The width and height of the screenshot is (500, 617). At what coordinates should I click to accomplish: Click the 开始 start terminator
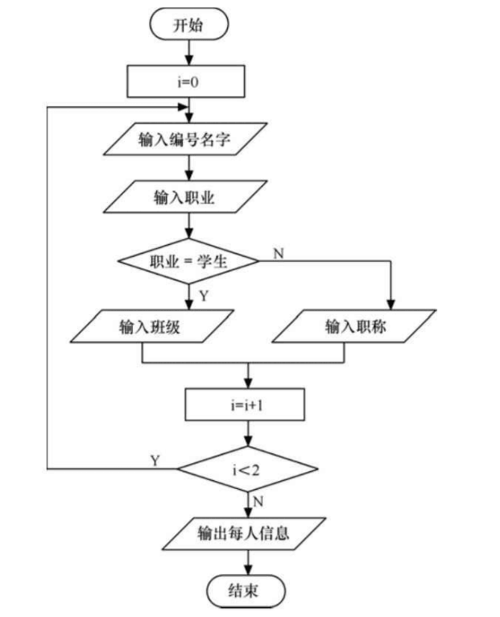[189, 25]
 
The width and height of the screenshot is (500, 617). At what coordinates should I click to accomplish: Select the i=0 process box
[186, 82]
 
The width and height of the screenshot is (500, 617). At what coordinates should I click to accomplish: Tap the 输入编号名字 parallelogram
[185, 139]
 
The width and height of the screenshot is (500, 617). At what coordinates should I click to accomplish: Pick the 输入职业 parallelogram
[185, 197]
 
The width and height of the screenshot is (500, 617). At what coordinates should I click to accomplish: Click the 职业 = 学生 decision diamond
[188, 261]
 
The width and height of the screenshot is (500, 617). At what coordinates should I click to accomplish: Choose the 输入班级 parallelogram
[152, 326]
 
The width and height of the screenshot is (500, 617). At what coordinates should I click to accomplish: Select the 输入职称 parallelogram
[354, 326]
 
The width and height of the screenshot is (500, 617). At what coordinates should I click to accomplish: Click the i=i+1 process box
[245, 404]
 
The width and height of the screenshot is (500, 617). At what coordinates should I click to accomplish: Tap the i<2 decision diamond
[247, 469]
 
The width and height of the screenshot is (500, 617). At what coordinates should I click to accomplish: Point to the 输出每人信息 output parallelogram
[244, 533]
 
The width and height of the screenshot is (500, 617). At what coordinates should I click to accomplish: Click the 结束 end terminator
[246, 591]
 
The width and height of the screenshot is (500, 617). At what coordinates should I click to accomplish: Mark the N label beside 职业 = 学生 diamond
[279, 254]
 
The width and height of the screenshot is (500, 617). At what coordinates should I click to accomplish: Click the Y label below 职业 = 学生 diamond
[204, 296]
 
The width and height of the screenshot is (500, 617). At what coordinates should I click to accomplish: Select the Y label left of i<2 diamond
[155, 461]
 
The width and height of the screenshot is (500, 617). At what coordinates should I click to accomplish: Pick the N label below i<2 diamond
[258, 502]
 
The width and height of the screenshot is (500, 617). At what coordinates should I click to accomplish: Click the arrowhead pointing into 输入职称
[390, 305]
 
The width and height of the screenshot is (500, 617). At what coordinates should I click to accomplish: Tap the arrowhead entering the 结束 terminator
[248, 570]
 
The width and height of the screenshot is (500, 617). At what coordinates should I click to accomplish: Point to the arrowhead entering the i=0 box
[189, 60]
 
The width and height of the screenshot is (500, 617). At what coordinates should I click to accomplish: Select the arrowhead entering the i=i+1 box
[248, 383]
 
